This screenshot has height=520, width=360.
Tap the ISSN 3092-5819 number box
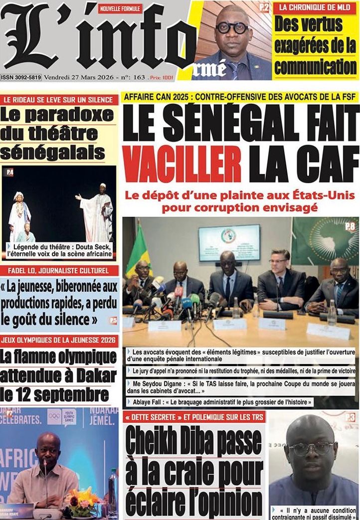[x=21, y=77]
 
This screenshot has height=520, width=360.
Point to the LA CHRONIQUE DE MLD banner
[x=314, y=7]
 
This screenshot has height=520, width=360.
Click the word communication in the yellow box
[x=315, y=66]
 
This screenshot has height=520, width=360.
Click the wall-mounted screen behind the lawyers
[x=229, y=243]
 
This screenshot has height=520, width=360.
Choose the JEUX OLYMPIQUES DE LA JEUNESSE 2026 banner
[x=60, y=342]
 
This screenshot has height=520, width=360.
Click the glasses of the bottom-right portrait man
[x=312, y=447]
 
